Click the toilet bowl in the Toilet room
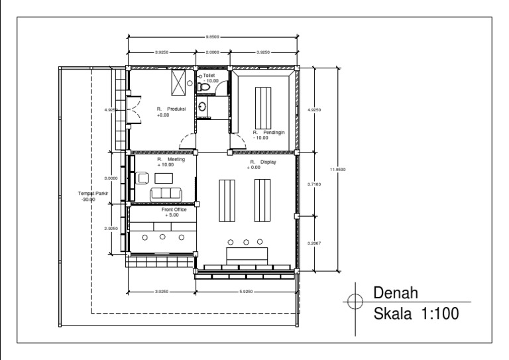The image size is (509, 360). click(x=203, y=87)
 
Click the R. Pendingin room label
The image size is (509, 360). click(x=268, y=135)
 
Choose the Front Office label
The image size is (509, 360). click(x=174, y=212)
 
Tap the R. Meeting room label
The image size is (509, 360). click(x=170, y=162)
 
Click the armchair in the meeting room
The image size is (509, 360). click(x=142, y=177)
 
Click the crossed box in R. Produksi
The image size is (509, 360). click(x=178, y=84)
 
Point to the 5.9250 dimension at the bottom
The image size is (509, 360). click(x=246, y=291)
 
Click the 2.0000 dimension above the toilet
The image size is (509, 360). click(x=213, y=52)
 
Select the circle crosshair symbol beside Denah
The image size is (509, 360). click(x=355, y=303)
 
